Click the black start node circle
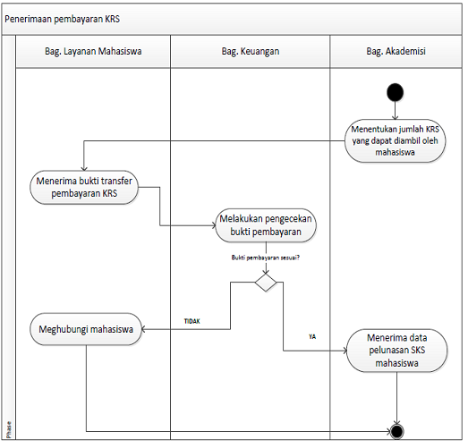tap(395, 92)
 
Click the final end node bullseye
tap(396, 431)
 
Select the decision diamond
tap(266, 283)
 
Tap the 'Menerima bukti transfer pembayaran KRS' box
tap(84, 187)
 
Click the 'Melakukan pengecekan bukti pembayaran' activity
tap(266, 225)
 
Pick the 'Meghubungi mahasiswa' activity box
tap(86, 329)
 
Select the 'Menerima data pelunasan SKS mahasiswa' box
tap(396, 351)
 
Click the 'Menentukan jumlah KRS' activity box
tap(395, 140)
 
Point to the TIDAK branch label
tap(191, 321)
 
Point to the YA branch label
tap(312, 337)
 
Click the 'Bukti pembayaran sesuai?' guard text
tap(266, 258)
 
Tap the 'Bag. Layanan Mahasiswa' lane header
tap(93, 51)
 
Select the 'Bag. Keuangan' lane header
tap(251, 51)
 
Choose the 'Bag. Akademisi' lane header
tap(396, 51)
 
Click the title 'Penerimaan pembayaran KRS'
tap(62, 19)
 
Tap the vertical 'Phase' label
tap(9, 429)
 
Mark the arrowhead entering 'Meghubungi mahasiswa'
tap(143, 329)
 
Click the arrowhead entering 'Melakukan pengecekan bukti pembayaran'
tap(213, 225)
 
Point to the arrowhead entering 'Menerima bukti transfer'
tap(84, 168)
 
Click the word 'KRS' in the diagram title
tap(113, 19)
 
